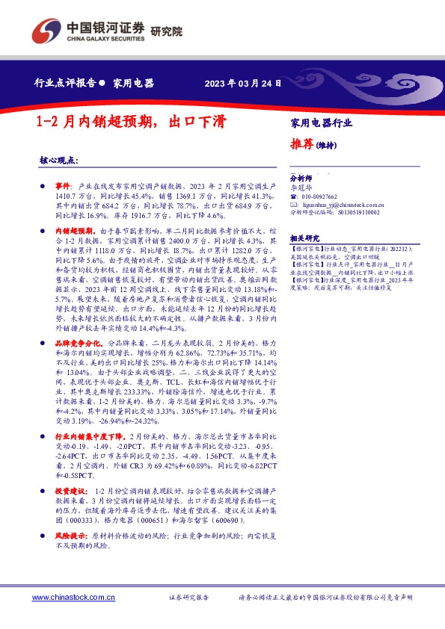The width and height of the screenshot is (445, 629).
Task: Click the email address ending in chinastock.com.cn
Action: click(x=337, y=204)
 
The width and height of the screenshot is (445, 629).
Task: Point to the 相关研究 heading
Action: click(x=304, y=235)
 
